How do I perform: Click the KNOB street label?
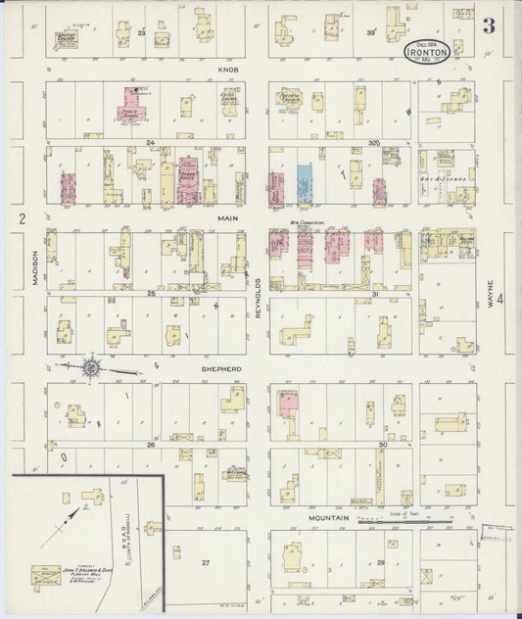(x=228, y=71)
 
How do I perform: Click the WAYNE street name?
(x=491, y=294)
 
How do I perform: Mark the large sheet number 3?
(x=488, y=25)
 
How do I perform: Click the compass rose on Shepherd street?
(x=91, y=368)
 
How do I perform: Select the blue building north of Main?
(x=305, y=183)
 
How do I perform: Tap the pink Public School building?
(x=132, y=104)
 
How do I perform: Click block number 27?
(x=206, y=562)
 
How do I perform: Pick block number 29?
(x=381, y=563)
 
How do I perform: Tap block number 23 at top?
(x=141, y=34)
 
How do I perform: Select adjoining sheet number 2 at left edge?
(x=20, y=217)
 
